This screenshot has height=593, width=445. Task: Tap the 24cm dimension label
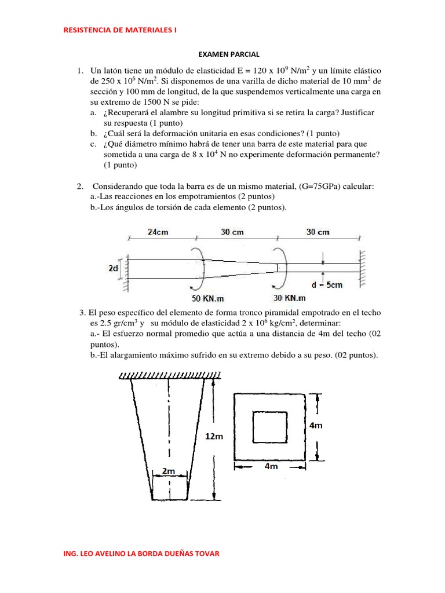[x=158, y=232]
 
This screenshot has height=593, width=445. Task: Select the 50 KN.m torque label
[x=212, y=298]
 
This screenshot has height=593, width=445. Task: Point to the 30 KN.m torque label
[x=289, y=298]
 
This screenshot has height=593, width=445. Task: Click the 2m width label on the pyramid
[x=169, y=471]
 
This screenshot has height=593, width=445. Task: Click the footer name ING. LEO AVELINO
[x=141, y=554]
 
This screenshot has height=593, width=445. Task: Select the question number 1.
[x=79, y=70]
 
